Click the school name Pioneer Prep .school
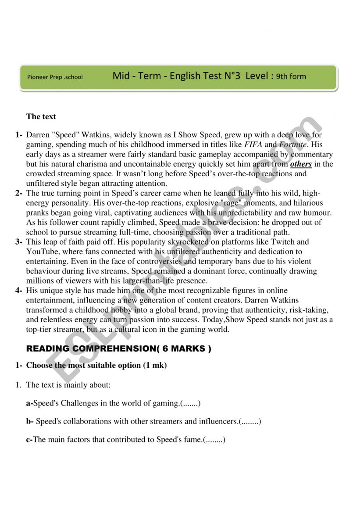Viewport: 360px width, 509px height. tap(55, 77)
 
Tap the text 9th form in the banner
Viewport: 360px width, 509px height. tap(291, 76)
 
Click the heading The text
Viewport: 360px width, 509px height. tap(41, 116)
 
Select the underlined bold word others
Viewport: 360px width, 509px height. tap(301, 164)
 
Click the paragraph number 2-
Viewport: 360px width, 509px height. tap(18, 193)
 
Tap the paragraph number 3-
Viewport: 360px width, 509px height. tap(18, 242)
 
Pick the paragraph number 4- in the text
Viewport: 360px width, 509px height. tap(18, 290)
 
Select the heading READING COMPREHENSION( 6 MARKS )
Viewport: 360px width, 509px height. tap(119, 349)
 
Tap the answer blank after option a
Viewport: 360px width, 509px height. tap(190, 403)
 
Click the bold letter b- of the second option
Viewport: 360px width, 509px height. tap(30, 421)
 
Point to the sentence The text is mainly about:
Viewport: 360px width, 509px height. tap(68, 385)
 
